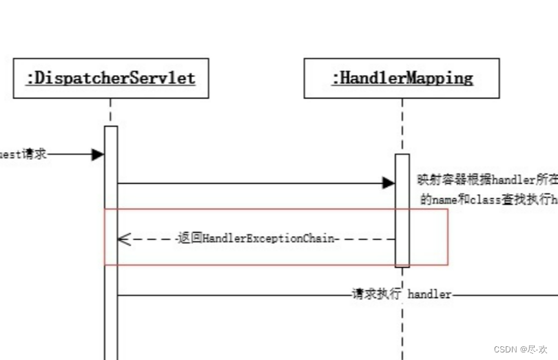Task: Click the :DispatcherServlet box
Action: click(110, 78)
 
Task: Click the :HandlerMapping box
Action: click(402, 78)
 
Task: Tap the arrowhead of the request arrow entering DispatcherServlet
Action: click(98, 154)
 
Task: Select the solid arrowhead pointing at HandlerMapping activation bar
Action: click(389, 183)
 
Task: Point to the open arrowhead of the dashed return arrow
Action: click(124, 239)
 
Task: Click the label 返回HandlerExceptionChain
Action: click(256, 239)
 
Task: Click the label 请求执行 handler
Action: click(402, 295)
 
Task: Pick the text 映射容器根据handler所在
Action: click(486, 180)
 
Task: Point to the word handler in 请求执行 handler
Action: click(429, 295)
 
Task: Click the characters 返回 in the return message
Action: click(184, 239)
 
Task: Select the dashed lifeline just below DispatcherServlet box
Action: click(110, 112)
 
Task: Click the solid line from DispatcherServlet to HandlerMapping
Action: click(248, 183)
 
